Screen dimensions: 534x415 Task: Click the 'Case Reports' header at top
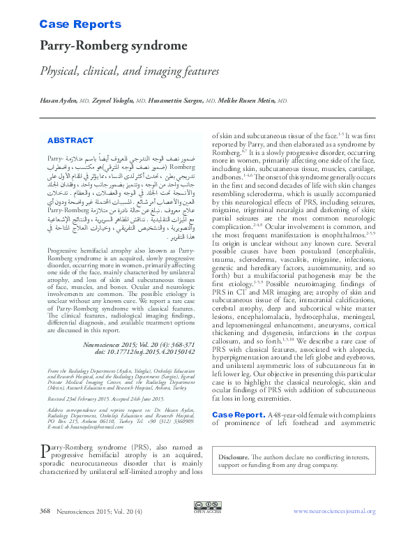point(80,24)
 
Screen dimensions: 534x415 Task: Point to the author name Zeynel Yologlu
point(112,102)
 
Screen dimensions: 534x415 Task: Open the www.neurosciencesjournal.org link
point(333,511)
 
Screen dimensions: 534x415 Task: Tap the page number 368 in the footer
point(45,511)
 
